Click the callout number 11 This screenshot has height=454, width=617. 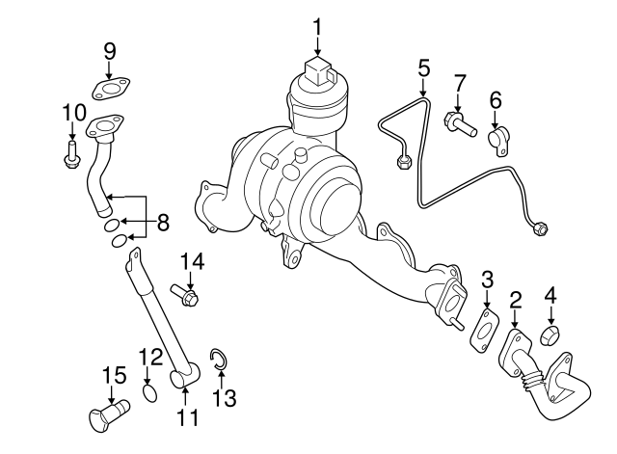pyautogui.click(x=187, y=417)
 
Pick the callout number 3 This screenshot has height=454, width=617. pyautogui.click(x=488, y=280)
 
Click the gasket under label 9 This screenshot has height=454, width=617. pyautogui.click(x=111, y=91)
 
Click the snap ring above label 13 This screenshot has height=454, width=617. pyautogui.click(x=219, y=361)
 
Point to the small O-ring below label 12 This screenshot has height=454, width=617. pyautogui.click(x=149, y=393)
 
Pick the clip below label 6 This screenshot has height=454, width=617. pyautogui.click(x=497, y=140)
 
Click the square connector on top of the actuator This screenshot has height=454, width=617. pyautogui.click(x=318, y=70)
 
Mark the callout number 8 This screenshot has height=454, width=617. pyautogui.click(x=163, y=223)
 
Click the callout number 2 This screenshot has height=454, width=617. pyautogui.click(x=516, y=300)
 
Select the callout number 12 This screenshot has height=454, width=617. pyautogui.click(x=150, y=358)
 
